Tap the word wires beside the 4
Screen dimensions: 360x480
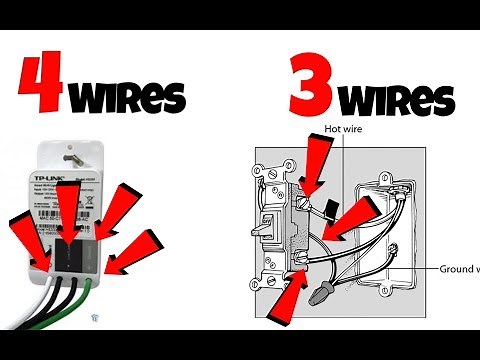[128, 97]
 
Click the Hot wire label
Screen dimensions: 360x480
[347, 129]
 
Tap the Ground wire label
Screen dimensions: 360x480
[459, 268]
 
